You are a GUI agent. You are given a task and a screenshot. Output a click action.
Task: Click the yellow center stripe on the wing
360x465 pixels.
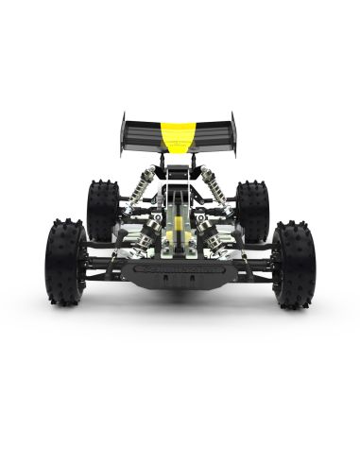pyautogui.click(x=176, y=134)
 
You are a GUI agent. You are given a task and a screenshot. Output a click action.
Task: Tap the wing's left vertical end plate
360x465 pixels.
pyautogui.click(x=123, y=135)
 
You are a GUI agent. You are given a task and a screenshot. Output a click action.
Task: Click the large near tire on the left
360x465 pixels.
pyautogui.click(x=65, y=263)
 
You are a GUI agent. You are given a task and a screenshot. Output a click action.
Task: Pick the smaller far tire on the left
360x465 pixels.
pyautogui.click(x=102, y=210)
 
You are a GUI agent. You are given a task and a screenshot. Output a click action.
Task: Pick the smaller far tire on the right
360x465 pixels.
pyautogui.click(x=252, y=210)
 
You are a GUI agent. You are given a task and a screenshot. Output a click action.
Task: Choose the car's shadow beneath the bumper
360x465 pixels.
pyautogui.click(x=179, y=301)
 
